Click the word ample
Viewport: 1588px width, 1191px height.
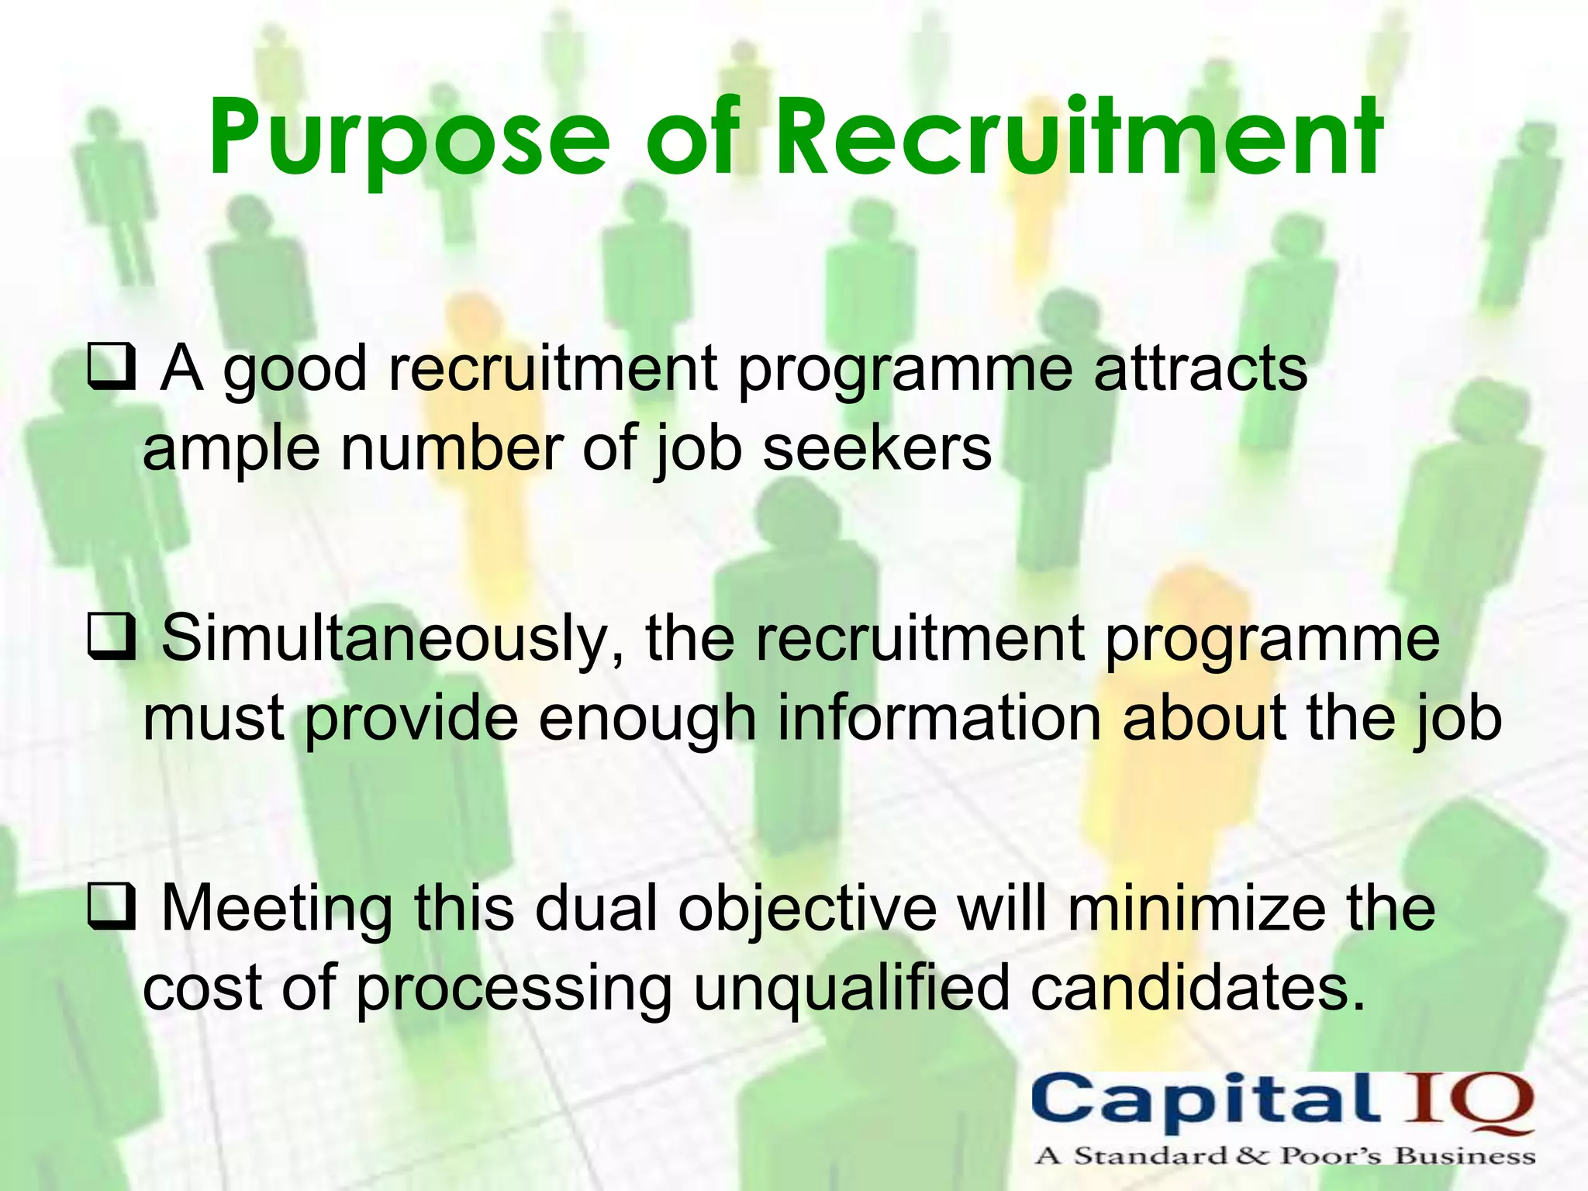[x=231, y=450]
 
